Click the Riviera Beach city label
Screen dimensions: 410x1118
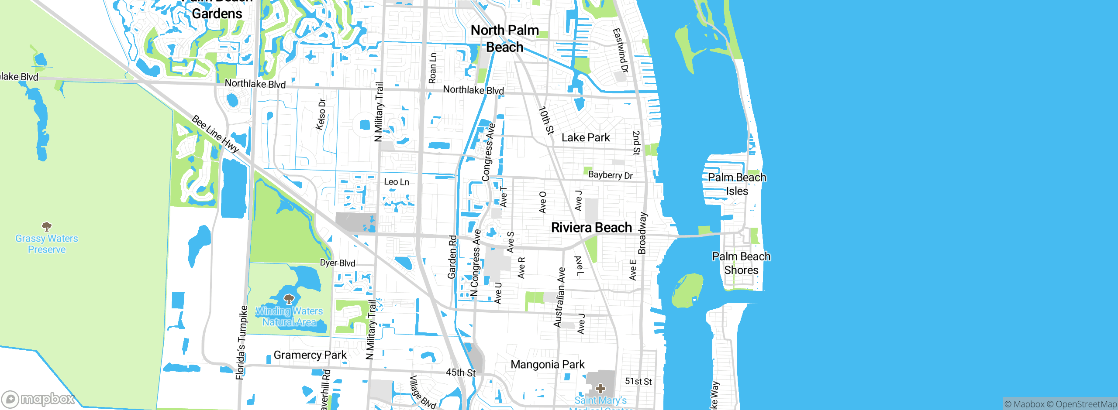[591, 227]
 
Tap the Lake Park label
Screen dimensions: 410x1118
[586, 138]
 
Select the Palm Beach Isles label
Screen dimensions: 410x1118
[737, 184]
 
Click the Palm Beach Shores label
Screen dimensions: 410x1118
[741, 263]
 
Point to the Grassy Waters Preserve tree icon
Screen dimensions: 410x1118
[47, 226]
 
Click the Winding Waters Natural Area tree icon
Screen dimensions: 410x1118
[289, 299]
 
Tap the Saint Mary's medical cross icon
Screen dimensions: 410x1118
[600, 388]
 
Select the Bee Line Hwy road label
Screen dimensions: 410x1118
[215, 134]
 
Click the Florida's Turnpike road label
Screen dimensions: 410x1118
[242, 342]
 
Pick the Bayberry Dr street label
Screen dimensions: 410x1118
[610, 175]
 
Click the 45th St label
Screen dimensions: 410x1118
[460, 372]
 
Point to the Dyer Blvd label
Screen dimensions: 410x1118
[338, 263]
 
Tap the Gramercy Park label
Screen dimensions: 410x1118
[310, 355]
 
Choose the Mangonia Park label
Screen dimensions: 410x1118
[547, 364]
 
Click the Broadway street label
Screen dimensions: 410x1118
[642, 233]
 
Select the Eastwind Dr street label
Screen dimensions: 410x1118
[620, 51]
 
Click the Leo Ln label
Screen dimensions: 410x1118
[397, 182]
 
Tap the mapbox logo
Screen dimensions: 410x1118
[38, 399]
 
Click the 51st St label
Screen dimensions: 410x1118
[638, 381]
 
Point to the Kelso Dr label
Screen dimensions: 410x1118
[321, 114]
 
